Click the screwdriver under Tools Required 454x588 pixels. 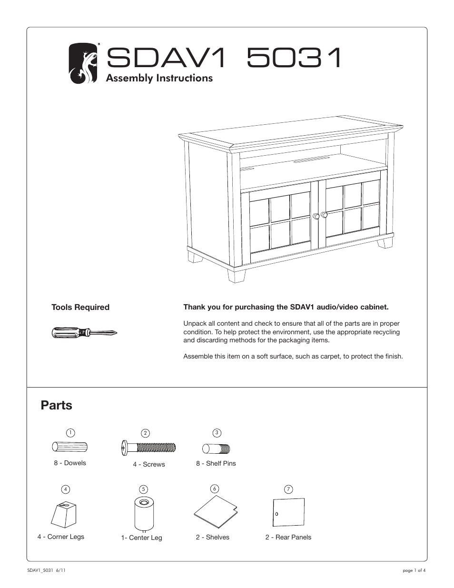click(x=84, y=333)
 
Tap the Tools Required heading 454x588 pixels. click(x=80, y=307)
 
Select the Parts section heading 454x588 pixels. click(x=57, y=405)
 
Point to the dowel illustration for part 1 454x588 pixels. click(x=69, y=447)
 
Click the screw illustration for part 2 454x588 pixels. click(x=148, y=448)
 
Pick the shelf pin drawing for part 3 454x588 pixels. click(x=217, y=448)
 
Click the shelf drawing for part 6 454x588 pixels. click(x=215, y=512)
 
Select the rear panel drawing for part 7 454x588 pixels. click(x=288, y=512)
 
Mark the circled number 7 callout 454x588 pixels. click(x=288, y=489)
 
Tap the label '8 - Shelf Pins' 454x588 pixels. click(x=216, y=463)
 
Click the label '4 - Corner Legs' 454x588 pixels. click(x=61, y=537)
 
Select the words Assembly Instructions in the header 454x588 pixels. click(x=159, y=78)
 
